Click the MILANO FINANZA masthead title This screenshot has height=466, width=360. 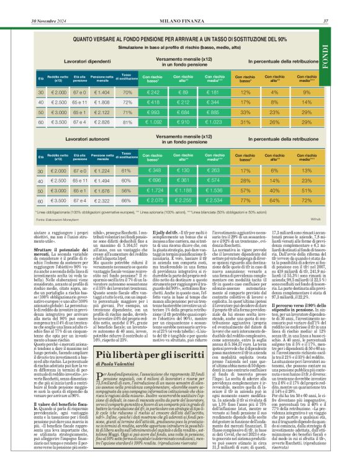pos(180,6)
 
